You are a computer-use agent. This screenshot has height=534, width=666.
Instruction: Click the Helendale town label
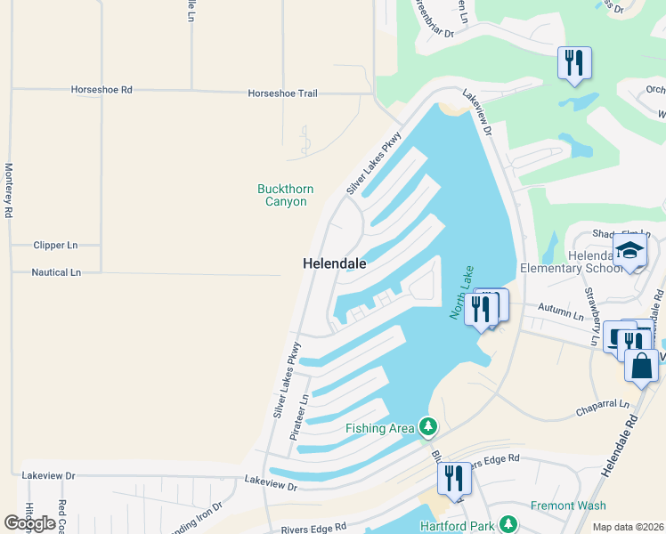pyautogui.click(x=335, y=263)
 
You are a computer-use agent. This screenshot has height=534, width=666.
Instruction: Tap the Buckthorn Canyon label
pyautogui.click(x=282, y=195)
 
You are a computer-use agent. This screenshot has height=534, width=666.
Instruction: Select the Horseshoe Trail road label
pyautogui.click(x=282, y=93)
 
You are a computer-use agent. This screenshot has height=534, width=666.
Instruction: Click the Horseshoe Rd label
pyautogui.click(x=102, y=90)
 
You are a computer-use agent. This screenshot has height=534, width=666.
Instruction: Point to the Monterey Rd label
pyautogui.click(x=8, y=190)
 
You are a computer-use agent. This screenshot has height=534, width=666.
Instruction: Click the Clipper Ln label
pyautogui.click(x=55, y=245)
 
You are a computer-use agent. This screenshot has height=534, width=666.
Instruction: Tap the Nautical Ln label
pyautogui.click(x=56, y=272)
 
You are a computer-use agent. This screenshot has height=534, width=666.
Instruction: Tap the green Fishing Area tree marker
pyautogui.click(x=428, y=428)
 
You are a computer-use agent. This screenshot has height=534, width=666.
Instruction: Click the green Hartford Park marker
pyautogui.click(x=508, y=525)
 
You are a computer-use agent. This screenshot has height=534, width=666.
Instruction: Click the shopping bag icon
pyautogui.click(x=642, y=365)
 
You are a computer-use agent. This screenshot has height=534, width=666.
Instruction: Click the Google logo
pyautogui.click(x=29, y=523)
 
